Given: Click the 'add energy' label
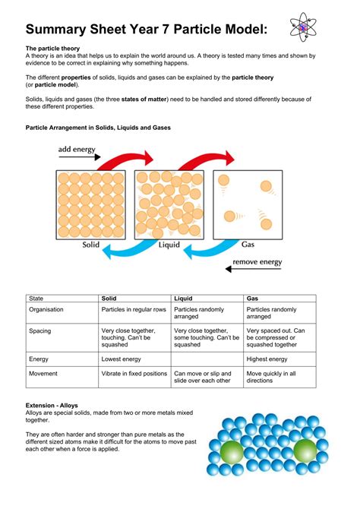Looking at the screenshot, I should [x=77, y=150].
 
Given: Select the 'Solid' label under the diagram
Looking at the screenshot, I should [x=92, y=245].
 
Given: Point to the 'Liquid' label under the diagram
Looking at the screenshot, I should [x=169, y=245].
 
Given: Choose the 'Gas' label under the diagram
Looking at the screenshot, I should [x=248, y=245].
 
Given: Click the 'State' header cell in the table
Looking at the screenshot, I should [x=36, y=299].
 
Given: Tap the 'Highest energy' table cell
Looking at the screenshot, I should [x=267, y=359].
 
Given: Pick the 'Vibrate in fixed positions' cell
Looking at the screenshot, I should [x=134, y=374].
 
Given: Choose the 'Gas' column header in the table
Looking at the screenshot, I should [x=253, y=299].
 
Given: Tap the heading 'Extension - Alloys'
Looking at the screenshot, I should [x=52, y=406].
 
